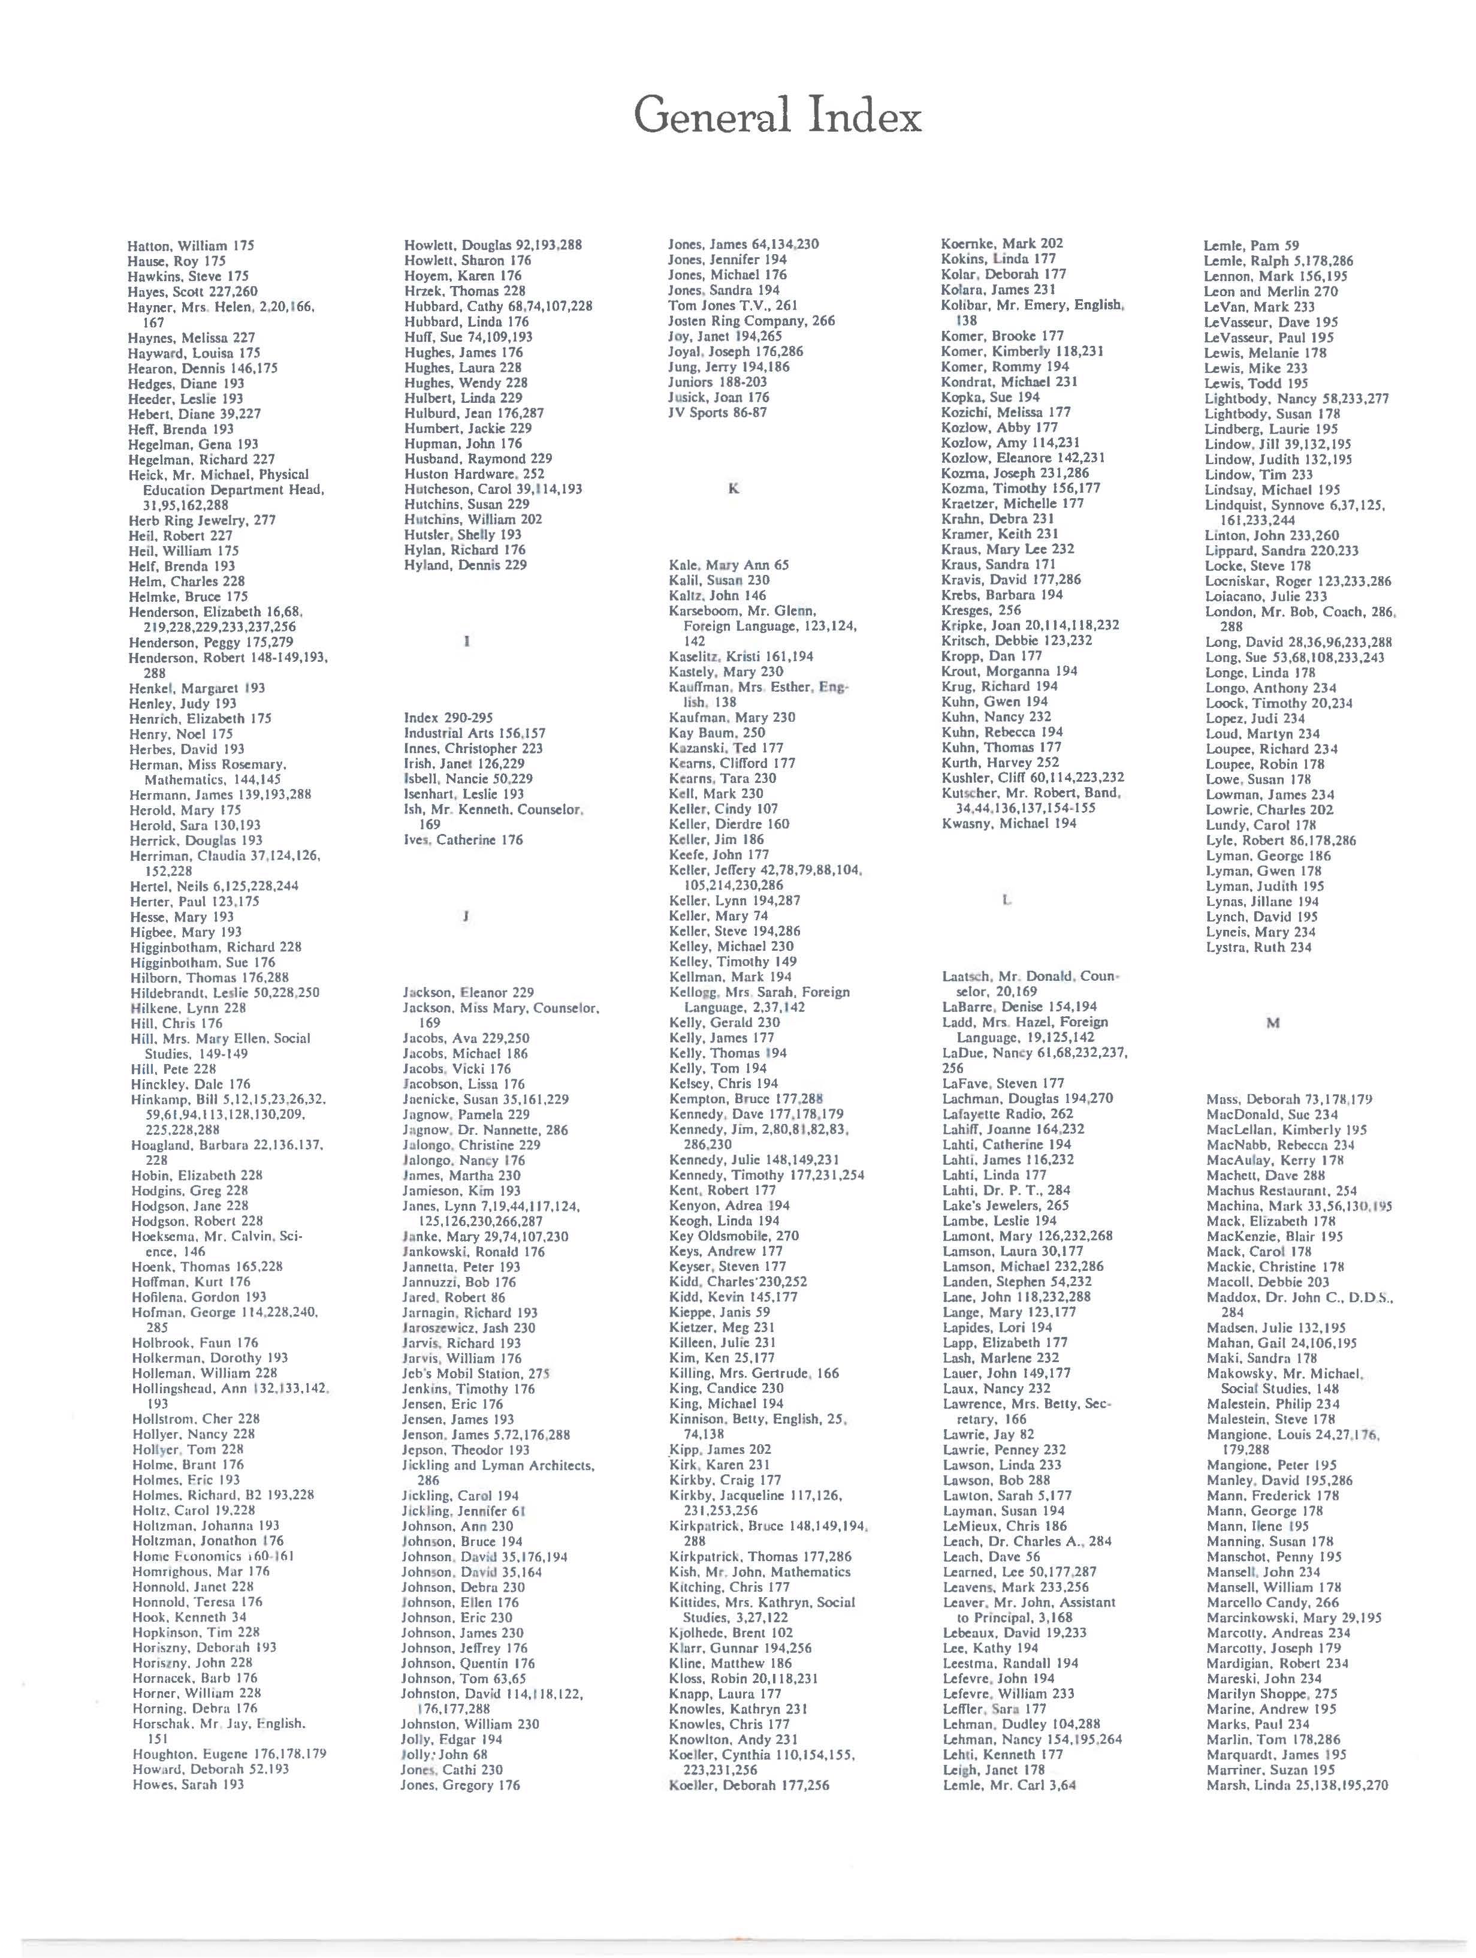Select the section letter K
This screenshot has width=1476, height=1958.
pyautogui.click(x=733, y=488)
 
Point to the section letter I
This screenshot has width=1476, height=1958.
pyautogui.click(x=466, y=641)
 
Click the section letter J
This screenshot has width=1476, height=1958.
pyautogui.click(x=464, y=917)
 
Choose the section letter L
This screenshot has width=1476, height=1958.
pyautogui.click(x=1006, y=900)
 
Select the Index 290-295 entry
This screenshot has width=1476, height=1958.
pyautogui.click(x=448, y=718)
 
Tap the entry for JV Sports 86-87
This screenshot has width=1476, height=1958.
pyautogui.click(x=717, y=412)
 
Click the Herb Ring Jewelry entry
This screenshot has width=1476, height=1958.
pyautogui.click(x=202, y=520)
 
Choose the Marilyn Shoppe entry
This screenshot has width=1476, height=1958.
pyautogui.click(x=1272, y=1694)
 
